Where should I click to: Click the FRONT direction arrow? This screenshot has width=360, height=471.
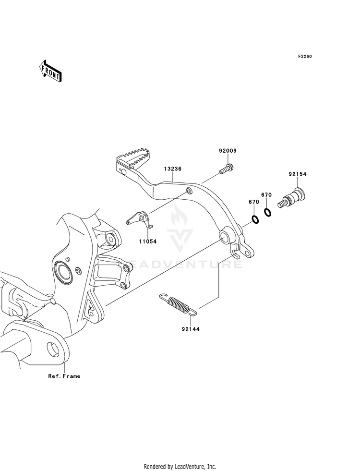(x=50, y=71)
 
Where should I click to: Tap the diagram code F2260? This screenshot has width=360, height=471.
(x=305, y=56)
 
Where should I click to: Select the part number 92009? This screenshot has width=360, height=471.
(x=228, y=151)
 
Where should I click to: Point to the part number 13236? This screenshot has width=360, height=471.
(x=172, y=169)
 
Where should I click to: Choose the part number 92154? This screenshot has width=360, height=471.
(x=298, y=174)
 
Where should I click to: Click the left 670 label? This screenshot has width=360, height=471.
(x=254, y=202)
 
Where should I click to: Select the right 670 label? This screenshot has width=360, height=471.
(x=266, y=194)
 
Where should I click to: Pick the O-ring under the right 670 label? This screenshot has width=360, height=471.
(x=268, y=212)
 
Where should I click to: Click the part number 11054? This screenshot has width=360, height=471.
(x=148, y=241)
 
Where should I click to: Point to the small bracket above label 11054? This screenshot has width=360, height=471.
(x=140, y=219)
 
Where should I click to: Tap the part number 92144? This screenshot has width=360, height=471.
(x=191, y=329)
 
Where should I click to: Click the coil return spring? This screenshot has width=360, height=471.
(x=179, y=304)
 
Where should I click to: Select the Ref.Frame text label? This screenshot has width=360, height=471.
(x=64, y=376)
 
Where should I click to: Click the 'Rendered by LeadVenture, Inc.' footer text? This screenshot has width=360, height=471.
(x=180, y=467)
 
